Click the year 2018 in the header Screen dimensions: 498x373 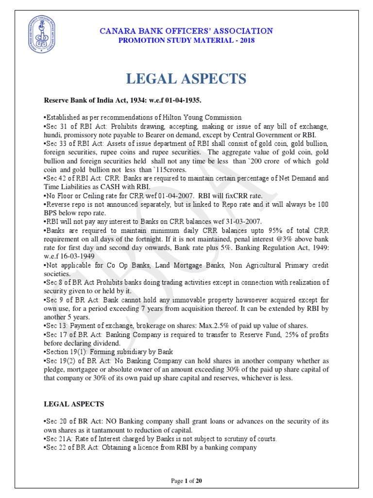click(246, 40)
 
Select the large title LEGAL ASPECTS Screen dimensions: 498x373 click(186, 79)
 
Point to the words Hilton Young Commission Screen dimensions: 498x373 click(201, 117)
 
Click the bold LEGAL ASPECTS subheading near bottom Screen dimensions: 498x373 click(74, 404)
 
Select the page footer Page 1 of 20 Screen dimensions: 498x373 click(186, 481)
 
